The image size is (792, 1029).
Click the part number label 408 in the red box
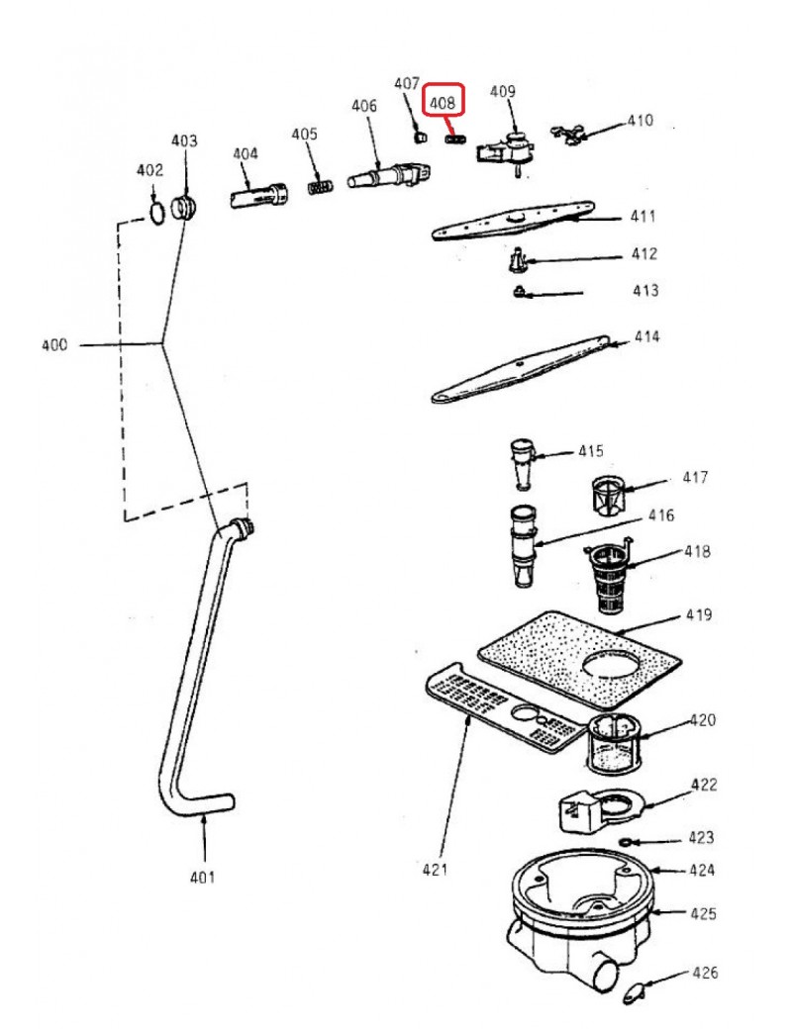pos(442,103)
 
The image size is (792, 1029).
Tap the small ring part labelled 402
pos(157,214)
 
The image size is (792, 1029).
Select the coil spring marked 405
pos(319,187)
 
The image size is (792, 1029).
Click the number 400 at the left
pos(53,344)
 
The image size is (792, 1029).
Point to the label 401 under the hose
pos(202,877)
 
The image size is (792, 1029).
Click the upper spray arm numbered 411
pos(513,221)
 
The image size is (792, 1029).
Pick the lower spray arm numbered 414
pos(520,369)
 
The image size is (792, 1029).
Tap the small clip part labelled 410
pos(567,134)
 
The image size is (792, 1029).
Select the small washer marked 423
pos(625,842)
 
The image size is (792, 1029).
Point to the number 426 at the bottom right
pos(705,973)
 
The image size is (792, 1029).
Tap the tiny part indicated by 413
pos(519,291)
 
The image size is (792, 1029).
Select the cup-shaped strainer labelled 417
pos(608,496)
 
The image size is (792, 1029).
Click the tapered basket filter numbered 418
pos(608,578)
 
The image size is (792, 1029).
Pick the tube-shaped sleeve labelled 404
pos(258,196)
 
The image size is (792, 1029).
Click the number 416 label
pos(661,515)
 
